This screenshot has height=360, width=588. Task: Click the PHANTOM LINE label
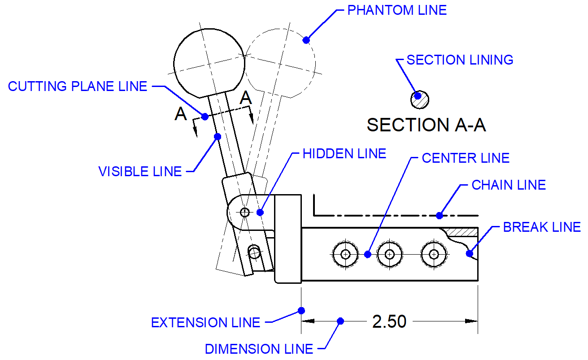point(397,10)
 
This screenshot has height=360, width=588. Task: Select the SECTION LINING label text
point(460,60)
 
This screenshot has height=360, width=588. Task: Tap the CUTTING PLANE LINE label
point(78,87)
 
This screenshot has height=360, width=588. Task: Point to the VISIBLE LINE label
point(140,171)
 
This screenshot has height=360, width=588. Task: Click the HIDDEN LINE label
point(344,154)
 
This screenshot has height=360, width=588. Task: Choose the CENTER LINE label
point(466,158)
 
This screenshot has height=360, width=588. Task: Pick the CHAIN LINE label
point(509,185)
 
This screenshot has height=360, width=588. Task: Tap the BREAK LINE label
point(542,227)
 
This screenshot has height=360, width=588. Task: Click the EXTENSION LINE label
point(205,323)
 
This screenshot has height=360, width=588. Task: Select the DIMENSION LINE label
point(259,349)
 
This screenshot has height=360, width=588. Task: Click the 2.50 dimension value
point(389,321)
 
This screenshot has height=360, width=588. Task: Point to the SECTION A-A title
point(426,125)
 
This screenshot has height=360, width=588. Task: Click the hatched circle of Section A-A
point(420,99)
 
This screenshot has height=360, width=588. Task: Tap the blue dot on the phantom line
point(306,40)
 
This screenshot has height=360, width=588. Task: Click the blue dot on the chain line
point(440,216)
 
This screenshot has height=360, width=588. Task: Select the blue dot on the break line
point(469,253)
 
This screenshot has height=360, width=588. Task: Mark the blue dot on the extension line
point(301,311)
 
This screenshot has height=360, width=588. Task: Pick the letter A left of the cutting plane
point(181,114)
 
